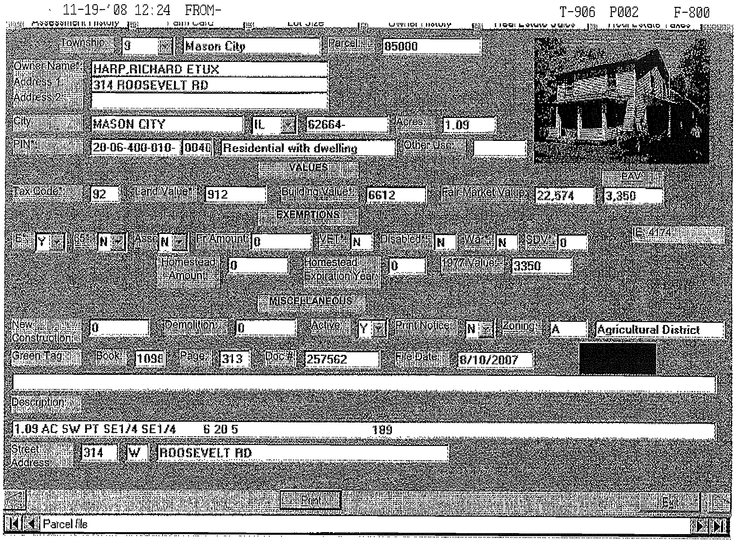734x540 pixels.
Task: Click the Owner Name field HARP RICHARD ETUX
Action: [x=209, y=69]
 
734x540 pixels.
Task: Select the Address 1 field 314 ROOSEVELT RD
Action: [x=209, y=85]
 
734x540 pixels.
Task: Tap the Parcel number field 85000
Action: [x=431, y=46]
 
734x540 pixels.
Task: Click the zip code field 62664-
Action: [x=346, y=125]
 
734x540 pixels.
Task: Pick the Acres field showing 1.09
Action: [x=469, y=125]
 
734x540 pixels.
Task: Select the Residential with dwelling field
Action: [x=308, y=148]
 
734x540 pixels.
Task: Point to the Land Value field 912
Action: [x=235, y=195]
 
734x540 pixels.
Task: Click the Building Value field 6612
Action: [x=396, y=195]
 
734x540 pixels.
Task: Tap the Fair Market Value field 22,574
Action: [x=564, y=196]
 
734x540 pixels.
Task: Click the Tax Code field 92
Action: [x=104, y=194]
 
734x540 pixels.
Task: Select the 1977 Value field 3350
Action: [x=541, y=265]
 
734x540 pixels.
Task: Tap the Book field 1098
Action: [x=149, y=359]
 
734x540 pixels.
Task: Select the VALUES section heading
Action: [x=308, y=168]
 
